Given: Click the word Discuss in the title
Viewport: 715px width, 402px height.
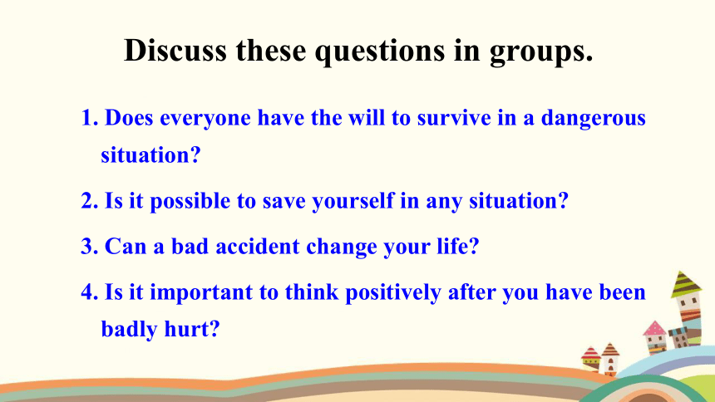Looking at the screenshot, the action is click(x=175, y=50).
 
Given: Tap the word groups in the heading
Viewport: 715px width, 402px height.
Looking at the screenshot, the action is click(x=541, y=52).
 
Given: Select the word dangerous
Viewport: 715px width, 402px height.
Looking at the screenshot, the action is click(x=594, y=119).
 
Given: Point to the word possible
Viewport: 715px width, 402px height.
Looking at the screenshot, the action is click(x=190, y=202).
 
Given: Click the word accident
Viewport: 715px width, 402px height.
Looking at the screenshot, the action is click(x=258, y=247).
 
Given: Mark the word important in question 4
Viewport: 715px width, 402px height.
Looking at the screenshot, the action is click(x=201, y=293).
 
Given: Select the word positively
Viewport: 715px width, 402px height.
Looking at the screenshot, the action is click(x=393, y=293).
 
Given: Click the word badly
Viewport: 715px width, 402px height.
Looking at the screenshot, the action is click(x=129, y=330).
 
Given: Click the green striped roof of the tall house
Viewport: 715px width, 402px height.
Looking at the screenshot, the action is click(x=685, y=284).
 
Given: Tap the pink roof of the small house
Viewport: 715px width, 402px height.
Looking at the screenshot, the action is click(x=655, y=329).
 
